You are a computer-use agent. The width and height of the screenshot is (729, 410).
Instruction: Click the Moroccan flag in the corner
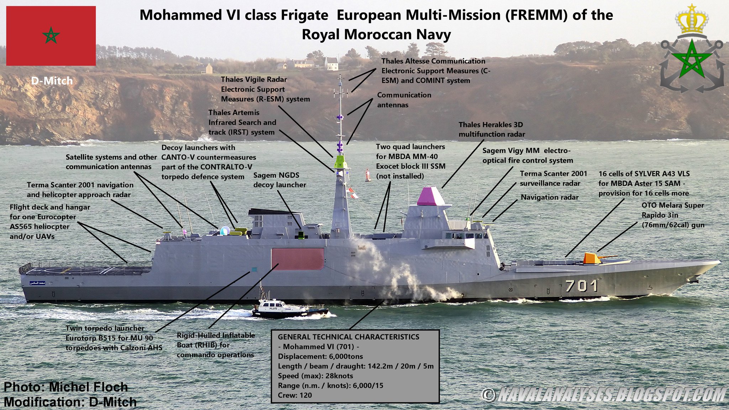(51, 36)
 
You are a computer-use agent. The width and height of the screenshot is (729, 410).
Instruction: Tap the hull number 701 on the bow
(581, 286)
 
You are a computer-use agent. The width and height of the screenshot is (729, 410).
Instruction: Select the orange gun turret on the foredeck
(592, 258)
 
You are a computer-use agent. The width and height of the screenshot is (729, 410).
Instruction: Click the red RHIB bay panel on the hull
(298, 258)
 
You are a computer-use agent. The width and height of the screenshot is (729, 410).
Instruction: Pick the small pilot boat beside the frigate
(288, 309)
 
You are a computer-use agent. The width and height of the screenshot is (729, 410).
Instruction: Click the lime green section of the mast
(341, 162)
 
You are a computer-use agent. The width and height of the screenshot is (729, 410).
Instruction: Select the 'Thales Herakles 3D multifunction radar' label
(492, 129)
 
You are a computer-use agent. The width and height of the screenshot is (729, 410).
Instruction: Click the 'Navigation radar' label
(550, 197)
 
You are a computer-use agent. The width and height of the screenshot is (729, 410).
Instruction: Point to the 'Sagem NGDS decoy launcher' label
(279, 180)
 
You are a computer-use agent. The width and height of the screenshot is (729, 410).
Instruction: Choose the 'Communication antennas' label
(404, 100)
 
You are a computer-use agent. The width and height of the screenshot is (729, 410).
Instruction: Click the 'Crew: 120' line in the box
(295, 395)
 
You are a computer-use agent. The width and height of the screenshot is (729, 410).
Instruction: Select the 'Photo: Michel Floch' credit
(66, 387)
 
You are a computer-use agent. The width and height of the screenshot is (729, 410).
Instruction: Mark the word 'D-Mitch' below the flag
(52, 81)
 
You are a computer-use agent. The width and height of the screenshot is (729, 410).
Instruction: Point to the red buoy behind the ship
(368, 175)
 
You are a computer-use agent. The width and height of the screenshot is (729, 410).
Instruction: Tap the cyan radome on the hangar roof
(225, 231)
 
